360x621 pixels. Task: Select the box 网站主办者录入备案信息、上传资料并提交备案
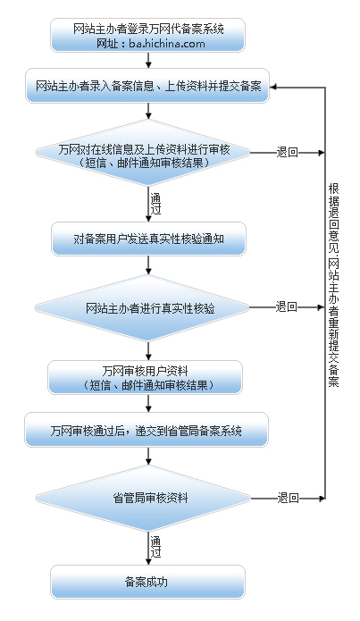click(x=148, y=86)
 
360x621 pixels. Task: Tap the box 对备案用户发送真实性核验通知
click(x=147, y=239)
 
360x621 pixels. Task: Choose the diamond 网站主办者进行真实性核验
click(x=148, y=307)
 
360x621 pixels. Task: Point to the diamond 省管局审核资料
click(x=148, y=498)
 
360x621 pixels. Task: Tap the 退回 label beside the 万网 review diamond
click(x=287, y=152)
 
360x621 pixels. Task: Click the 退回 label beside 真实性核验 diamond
click(x=287, y=307)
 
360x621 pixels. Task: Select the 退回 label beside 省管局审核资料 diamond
click(x=287, y=498)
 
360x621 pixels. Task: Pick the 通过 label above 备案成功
click(x=155, y=548)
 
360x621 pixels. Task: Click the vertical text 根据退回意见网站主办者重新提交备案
click(x=333, y=283)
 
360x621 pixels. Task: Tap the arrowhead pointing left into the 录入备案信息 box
click(x=275, y=87)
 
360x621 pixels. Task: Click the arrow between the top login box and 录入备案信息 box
click(x=148, y=62)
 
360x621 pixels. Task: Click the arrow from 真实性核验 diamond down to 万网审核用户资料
click(x=148, y=348)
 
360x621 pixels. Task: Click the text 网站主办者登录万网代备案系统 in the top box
click(x=148, y=29)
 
